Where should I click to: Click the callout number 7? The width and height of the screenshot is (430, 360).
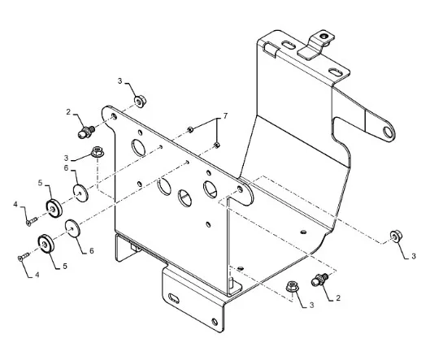coord(225,116)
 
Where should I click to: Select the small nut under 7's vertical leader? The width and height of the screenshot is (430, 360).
coord(217,145)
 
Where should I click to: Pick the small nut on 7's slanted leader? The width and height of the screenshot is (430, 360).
coord(189,129)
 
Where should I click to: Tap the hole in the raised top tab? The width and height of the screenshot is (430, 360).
coord(325,36)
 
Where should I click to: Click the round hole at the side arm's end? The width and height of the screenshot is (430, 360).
coord(388,132)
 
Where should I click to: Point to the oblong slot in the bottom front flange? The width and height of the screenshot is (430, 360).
coord(174,298)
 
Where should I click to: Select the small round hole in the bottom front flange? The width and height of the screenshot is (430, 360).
coord(215,322)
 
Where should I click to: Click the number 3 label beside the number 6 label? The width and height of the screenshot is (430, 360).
coord(66,158)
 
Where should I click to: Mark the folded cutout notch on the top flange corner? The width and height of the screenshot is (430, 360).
coord(271,48)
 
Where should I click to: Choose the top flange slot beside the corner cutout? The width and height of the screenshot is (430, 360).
coord(288,45)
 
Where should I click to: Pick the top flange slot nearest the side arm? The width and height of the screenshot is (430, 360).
coord(335,72)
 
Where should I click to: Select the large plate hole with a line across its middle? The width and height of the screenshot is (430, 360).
coord(185,197)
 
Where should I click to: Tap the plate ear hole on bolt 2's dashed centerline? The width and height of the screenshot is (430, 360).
coord(114,116)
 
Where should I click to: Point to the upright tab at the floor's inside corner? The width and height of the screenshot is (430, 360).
coord(234,286)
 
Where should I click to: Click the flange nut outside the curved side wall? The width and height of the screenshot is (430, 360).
coord(396,236)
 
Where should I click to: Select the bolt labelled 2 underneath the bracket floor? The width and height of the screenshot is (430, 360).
coord(319,280)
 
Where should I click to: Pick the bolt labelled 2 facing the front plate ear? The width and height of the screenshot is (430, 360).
coord(86,132)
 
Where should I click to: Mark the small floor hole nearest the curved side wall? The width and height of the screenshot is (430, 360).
coord(303,232)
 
